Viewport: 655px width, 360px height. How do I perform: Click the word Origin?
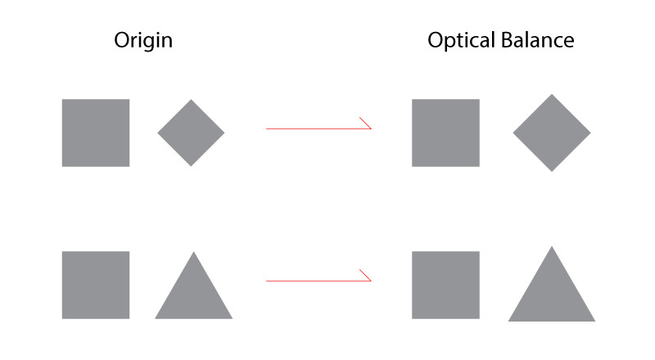[143, 40]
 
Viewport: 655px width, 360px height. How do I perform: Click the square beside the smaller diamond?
[96, 133]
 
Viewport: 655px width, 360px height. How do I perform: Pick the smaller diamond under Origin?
[191, 133]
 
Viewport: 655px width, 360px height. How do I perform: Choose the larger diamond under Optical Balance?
[552, 133]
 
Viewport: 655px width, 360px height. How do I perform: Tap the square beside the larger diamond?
[445, 133]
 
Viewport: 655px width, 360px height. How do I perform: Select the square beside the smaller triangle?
[96, 285]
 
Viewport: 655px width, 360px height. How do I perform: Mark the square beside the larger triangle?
[445, 285]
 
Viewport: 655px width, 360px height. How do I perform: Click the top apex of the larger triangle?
[552, 247]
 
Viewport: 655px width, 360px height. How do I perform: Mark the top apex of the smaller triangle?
[193, 252]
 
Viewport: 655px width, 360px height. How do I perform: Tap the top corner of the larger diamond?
[552, 95]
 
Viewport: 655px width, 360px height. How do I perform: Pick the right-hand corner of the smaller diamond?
[224, 133]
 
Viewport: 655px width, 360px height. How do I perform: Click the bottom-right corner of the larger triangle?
[594, 320]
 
